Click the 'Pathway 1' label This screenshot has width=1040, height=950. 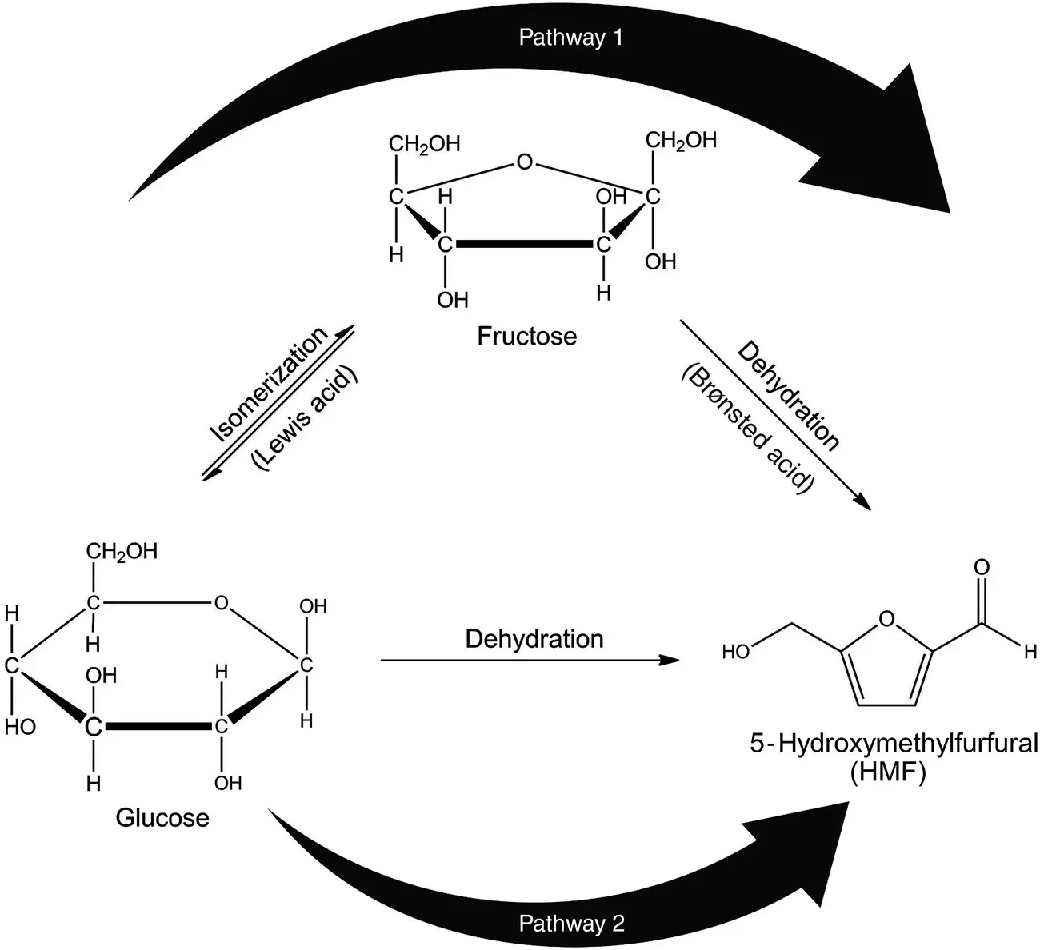click(x=570, y=38)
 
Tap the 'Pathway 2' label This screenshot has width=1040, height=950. click(x=572, y=923)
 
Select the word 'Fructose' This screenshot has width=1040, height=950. click(x=526, y=335)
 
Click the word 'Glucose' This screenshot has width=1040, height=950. click(x=162, y=818)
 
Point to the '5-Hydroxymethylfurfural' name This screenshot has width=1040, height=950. click(x=893, y=744)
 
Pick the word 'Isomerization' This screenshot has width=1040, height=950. click(x=268, y=384)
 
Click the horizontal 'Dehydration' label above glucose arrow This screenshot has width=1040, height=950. click(x=534, y=639)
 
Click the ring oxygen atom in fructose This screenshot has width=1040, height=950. click(x=524, y=163)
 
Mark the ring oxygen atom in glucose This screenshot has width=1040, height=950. click(x=222, y=602)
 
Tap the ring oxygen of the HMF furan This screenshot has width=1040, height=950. click(x=886, y=618)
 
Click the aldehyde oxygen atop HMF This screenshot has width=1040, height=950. click(x=982, y=568)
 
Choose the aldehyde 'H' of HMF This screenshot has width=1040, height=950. click(x=1030, y=652)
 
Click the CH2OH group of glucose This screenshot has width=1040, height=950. click(x=122, y=552)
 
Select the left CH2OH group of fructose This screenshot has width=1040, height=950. click(x=424, y=145)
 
